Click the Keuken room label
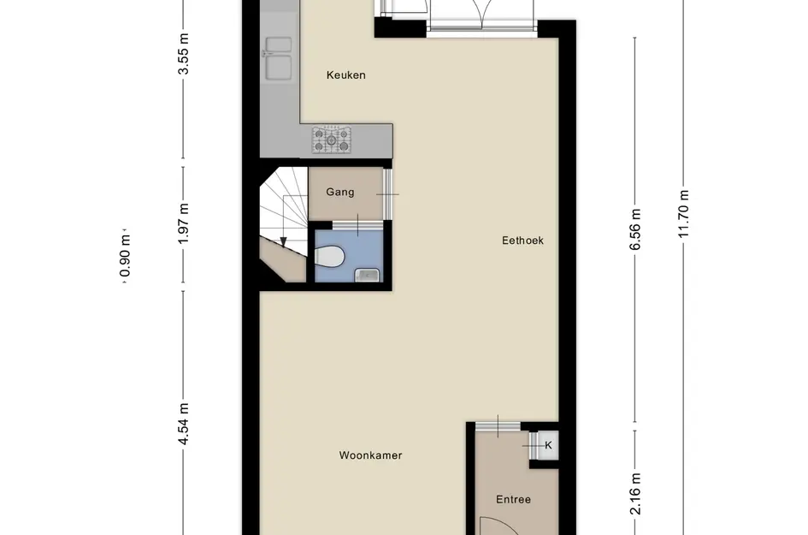pos(345,75)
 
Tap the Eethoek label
pos(522,241)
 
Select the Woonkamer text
pos(370,455)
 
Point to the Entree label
pos(513,499)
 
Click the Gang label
pos(340,192)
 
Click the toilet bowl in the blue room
pos(329,257)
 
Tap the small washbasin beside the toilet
pos(367,276)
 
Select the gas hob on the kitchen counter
pos(332,140)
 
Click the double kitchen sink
pos(278,58)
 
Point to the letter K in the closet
pos(548,445)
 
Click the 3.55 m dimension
pos(184,54)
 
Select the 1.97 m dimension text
pos(184,224)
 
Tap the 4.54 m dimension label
pos(184,424)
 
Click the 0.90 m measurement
pos(125,256)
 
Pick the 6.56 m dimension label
pos(635,229)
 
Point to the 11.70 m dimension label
pos(684,214)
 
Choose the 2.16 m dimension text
pos(635,494)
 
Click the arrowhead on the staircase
pos(283,242)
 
